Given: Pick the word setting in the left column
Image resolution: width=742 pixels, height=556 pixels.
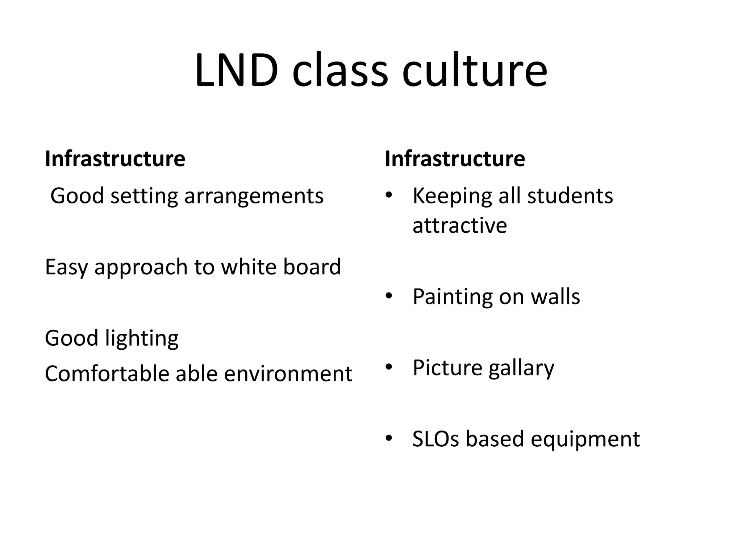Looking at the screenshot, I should pyautogui.click(x=144, y=197).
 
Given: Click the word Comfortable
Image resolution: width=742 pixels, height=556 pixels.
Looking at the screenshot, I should pyautogui.click(x=107, y=374).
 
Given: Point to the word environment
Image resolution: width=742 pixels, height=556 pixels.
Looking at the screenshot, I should pyautogui.click(x=288, y=374).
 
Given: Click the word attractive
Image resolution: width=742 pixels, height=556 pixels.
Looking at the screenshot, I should pyautogui.click(x=459, y=226).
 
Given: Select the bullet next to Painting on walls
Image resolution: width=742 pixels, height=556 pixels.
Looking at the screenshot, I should pyautogui.click(x=389, y=296).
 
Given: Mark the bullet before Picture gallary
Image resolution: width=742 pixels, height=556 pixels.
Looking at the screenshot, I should pyautogui.click(x=389, y=367).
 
